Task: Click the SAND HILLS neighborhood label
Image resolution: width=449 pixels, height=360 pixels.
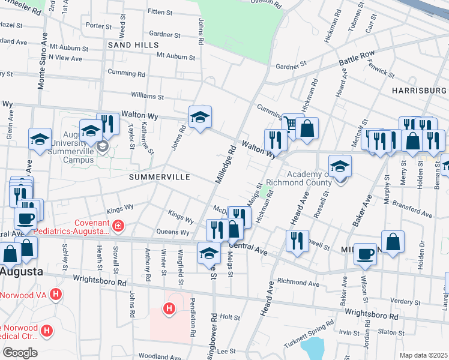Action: pyautogui.click(x=133, y=45)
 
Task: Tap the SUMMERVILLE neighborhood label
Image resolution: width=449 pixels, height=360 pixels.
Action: pyautogui.click(x=159, y=178)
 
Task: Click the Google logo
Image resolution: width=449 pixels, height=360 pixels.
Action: pyautogui.click(x=20, y=353)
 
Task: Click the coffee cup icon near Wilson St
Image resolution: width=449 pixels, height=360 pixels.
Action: pyautogui.click(x=365, y=254)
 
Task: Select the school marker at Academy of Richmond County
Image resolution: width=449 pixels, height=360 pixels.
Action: pyautogui.click(x=340, y=166)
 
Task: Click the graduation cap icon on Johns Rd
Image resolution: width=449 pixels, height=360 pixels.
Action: pyautogui.click(x=200, y=117)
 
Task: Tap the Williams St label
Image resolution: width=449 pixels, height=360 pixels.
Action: pyautogui.click(x=148, y=96)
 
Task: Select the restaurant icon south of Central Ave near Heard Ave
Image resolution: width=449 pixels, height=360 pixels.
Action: pyautogui.click(x=297, y=241)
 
